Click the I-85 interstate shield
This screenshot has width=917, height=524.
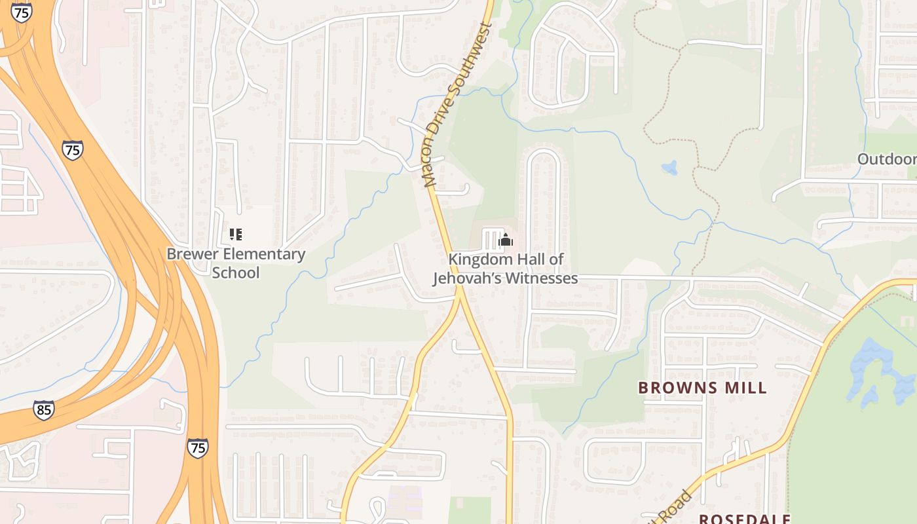click(43, 411)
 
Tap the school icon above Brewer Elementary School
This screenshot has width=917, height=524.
click(235, 234)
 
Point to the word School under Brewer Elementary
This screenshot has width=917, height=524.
click(235, 272)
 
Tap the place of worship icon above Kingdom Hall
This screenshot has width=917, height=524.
click(505, 240)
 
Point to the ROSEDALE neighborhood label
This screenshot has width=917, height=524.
click(744, 519)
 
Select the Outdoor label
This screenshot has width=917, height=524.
click(886, 159)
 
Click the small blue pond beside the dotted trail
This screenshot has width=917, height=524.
click(669, 168)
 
